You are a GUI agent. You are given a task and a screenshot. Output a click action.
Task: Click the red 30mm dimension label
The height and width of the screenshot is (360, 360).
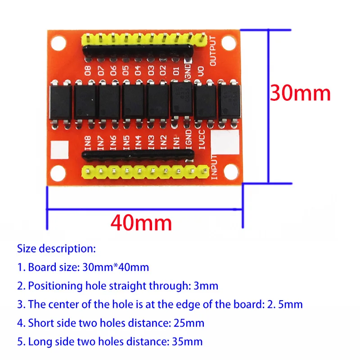click(x=300, y=93)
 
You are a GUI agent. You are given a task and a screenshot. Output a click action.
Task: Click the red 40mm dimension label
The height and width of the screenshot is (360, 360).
click(x=141, y=222)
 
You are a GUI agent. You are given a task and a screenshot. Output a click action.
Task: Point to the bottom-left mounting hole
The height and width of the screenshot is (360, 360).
click(x=58, y=171)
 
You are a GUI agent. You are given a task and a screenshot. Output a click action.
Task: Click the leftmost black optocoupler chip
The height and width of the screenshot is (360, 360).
click(x=61, y=100)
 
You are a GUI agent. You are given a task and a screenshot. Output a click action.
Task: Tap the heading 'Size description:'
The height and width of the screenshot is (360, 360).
click(x=56, y=248)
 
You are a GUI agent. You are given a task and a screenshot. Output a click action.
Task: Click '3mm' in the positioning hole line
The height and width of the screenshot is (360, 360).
click(x=207, y=285)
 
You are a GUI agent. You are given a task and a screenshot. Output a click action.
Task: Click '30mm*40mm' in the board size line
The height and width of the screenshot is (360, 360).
click(x=116, y=267)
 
